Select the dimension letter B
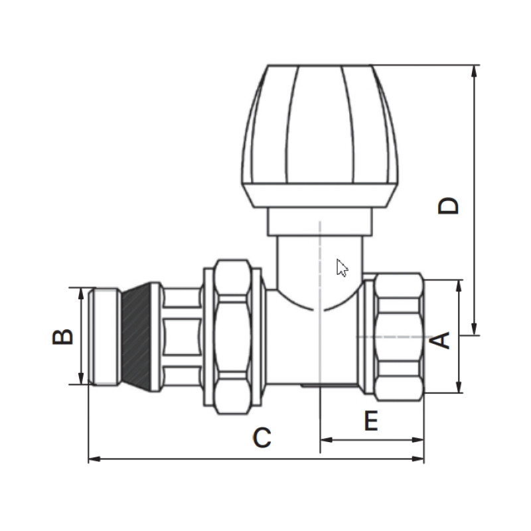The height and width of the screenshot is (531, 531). (63, 337)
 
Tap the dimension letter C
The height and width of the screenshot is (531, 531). (262, 437)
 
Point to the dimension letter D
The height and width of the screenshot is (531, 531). (448, 206)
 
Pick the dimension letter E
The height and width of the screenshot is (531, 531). (371, 420)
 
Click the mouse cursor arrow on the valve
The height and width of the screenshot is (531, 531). (342, 268)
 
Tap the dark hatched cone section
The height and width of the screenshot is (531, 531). (136, 337)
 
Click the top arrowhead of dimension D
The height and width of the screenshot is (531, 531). (474, 71)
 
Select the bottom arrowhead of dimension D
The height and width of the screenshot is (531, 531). (474, 329)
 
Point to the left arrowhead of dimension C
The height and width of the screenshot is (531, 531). (94, 459)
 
